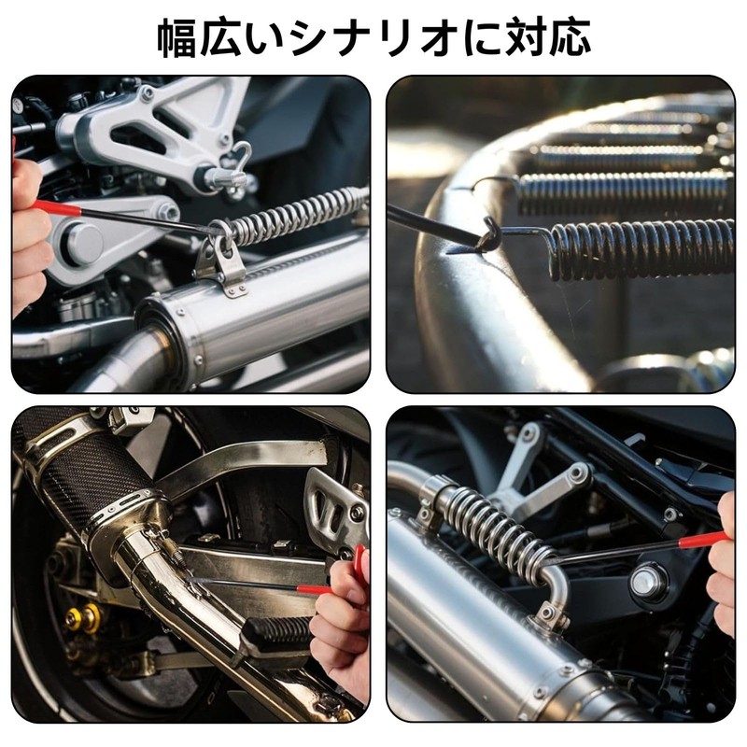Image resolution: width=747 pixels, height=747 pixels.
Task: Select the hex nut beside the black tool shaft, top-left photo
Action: click(x=168, y=212)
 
